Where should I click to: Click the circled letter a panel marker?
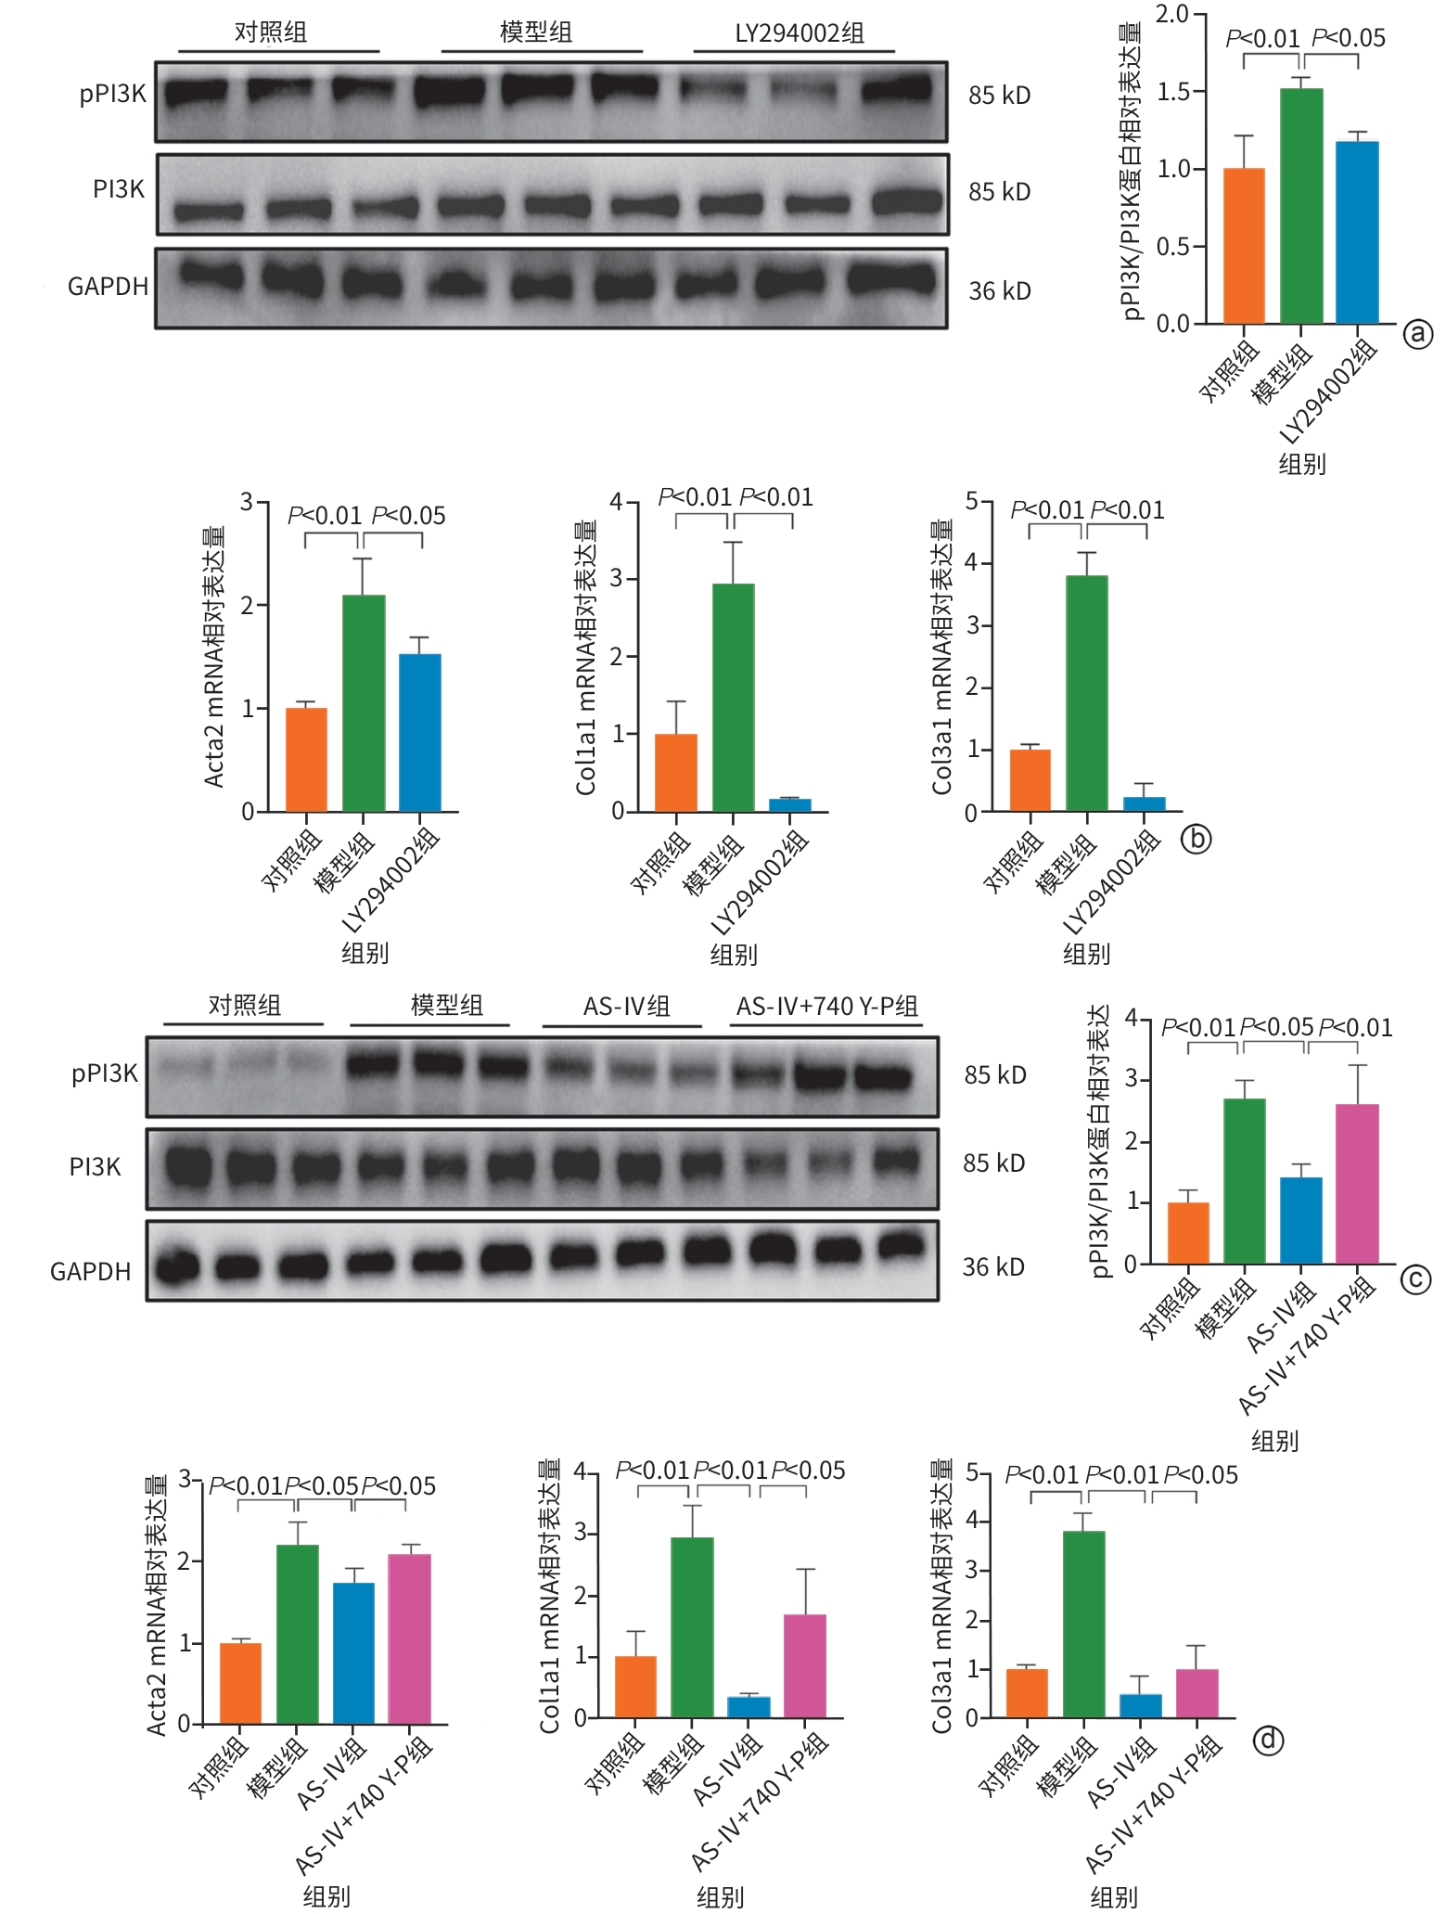coord(1417,333)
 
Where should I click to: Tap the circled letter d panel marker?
coord(1268,1740)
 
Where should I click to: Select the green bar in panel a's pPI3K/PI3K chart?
coord(1301,206)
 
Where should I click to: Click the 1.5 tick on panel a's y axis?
coord(1172,91)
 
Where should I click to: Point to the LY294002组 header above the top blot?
coord(800,33)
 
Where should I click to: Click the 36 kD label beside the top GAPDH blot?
coord(1000,291)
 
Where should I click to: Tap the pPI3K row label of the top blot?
coord(113,94)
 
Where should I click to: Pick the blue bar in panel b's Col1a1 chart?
coord(789,804)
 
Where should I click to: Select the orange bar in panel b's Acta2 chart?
coord(306,760)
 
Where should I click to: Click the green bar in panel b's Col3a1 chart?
coord(1086,693)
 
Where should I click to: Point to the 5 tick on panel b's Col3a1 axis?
coord(972,502)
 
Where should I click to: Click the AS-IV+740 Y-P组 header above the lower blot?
coord(826,1007)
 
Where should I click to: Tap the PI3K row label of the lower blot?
coord(96,1167)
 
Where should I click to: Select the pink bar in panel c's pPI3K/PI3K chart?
coord(1357,1183)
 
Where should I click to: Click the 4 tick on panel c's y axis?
coord(1131,1017)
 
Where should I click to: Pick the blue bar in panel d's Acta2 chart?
coord(353,1653)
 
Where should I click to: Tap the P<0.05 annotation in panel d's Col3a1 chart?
coord(1200,1475)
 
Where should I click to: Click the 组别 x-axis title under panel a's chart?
coord(1301,464)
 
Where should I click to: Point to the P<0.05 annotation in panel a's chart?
coord(1348,38)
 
